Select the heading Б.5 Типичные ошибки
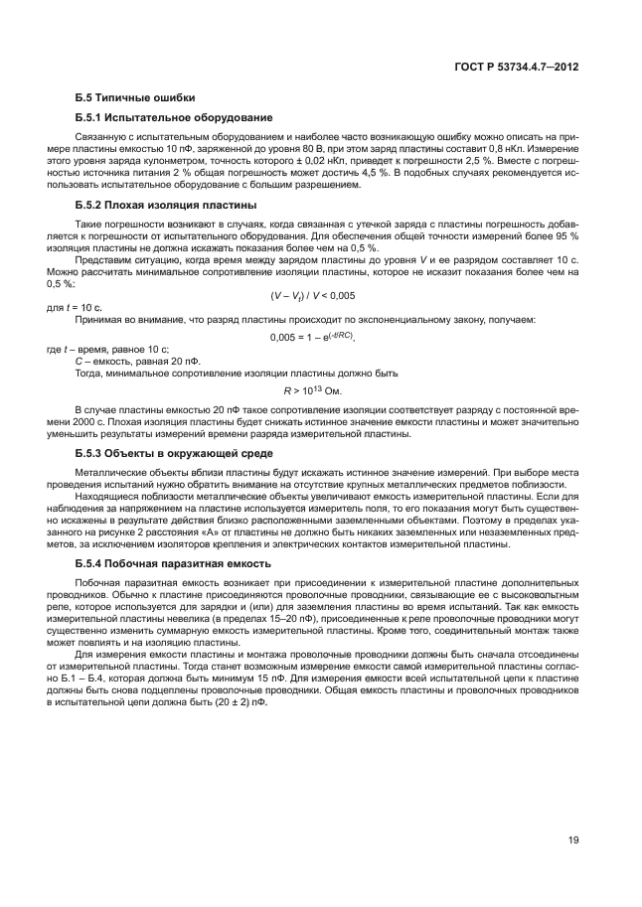coord(135,97)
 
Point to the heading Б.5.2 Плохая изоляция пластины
coord(166,205)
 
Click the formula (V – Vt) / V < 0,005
coord(312,295)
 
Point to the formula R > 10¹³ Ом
coord(312,389)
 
